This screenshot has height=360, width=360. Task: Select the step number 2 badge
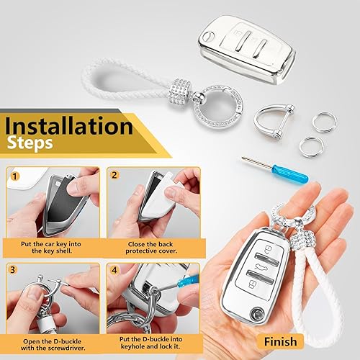tap(114, 175)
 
